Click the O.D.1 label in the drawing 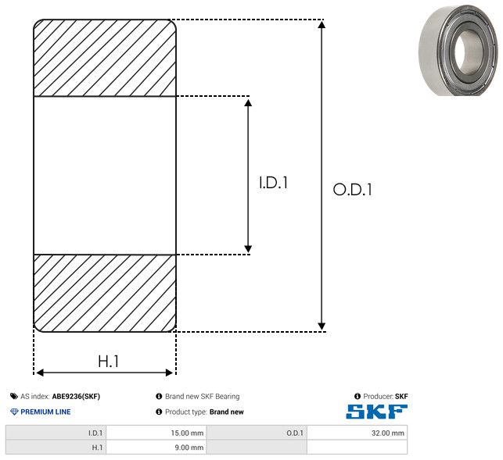click(353, 189)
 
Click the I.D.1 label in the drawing click(273, 183)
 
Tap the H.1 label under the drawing click(109, 362)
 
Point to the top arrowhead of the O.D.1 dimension click(322, 24)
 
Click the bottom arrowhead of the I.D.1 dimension click(248, 249)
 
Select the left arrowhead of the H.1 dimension click(40, 373)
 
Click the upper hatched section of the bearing click(105, 58)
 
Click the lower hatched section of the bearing click(105, 293)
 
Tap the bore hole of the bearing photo click(468, 52)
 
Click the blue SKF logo click(377, 412)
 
